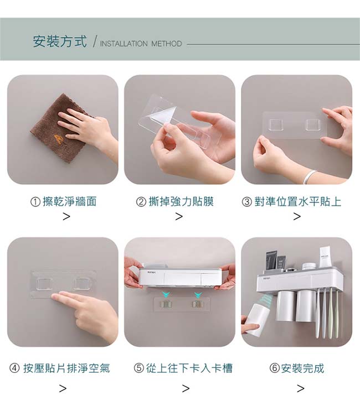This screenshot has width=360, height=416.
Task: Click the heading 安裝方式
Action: click(x=60, y=41)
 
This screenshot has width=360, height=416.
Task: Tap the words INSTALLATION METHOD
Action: click(x=141, y=44)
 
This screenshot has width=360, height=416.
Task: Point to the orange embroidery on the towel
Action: click(x=59, y=139)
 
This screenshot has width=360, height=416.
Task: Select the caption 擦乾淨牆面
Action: click(x=70, y=201)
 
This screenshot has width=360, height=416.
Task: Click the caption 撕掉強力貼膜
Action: click(x=181, y=201)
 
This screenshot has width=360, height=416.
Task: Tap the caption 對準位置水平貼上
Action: click(x=297, y=201)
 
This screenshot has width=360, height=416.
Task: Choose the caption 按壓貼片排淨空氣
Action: click(x=66, y=368)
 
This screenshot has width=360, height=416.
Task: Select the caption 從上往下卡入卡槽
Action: click(x=189, y=368)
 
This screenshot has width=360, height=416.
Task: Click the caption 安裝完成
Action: click(x=302, y=368)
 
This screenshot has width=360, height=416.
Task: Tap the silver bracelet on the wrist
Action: click(x=310, y=176)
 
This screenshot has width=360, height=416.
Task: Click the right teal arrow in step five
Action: click(x=198, y=294)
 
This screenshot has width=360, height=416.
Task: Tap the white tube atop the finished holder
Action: click(x=325, y=257)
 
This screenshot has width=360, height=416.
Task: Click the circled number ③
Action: click(x=246, y=202)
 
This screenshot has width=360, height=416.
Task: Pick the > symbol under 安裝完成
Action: click(x=301, y=388)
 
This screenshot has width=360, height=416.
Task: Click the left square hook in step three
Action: click(x=276, y=125)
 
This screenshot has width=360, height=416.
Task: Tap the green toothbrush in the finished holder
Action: click(x=331, y=314)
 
